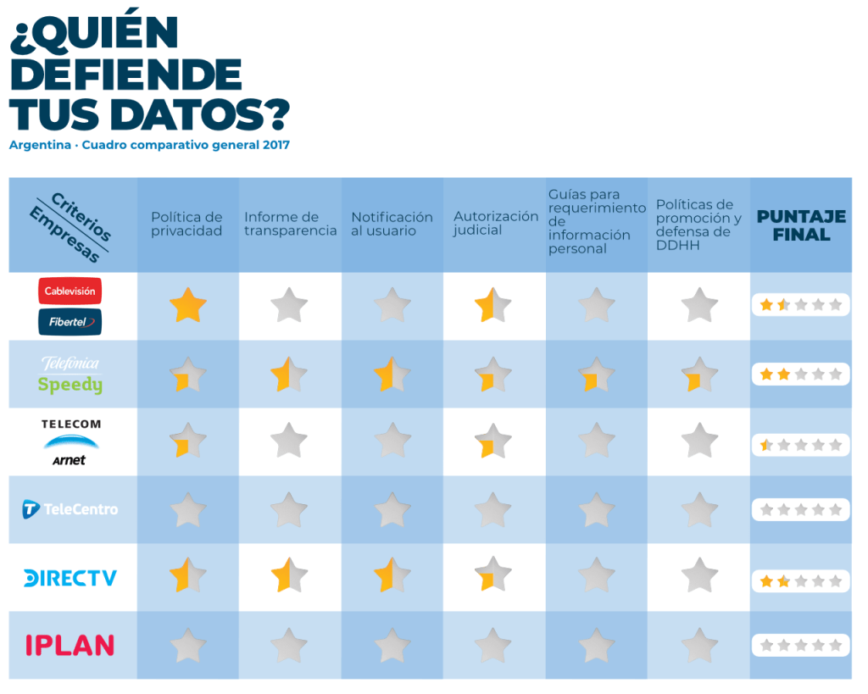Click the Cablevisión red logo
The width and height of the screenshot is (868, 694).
[x=70, y=291]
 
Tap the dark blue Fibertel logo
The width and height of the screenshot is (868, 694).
[x=70, y=321]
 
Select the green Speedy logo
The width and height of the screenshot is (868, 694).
[x=70, y=386]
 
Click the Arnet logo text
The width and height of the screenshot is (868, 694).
[x=70, y=460]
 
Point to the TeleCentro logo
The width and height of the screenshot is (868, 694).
[x=70, y=509]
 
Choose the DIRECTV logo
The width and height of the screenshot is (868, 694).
[x=70, y=578]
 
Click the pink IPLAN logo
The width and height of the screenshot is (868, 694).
[x=70, y=645]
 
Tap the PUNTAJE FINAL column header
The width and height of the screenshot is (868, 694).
[x=800, y=225]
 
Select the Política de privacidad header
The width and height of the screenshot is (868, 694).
[x=186, y=224]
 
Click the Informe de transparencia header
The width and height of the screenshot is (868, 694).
[x=290, y=224]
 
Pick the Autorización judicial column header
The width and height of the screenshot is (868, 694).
[x=495, y=223]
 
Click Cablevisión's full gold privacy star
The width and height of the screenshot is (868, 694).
[x=187, y=305]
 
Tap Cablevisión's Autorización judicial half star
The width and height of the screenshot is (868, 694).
[x=493, y=305]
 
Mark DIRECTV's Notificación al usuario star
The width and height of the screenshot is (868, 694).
[x=392, y=575]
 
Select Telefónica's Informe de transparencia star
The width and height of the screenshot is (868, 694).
[x=289, y=375]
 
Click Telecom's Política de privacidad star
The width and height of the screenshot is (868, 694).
[x=187, y=441]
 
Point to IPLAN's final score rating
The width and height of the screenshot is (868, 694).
[x=800, y=645]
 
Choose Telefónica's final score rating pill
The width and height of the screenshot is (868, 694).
[x=800, y=374]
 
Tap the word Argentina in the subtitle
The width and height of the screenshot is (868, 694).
[x=40, y=145]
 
